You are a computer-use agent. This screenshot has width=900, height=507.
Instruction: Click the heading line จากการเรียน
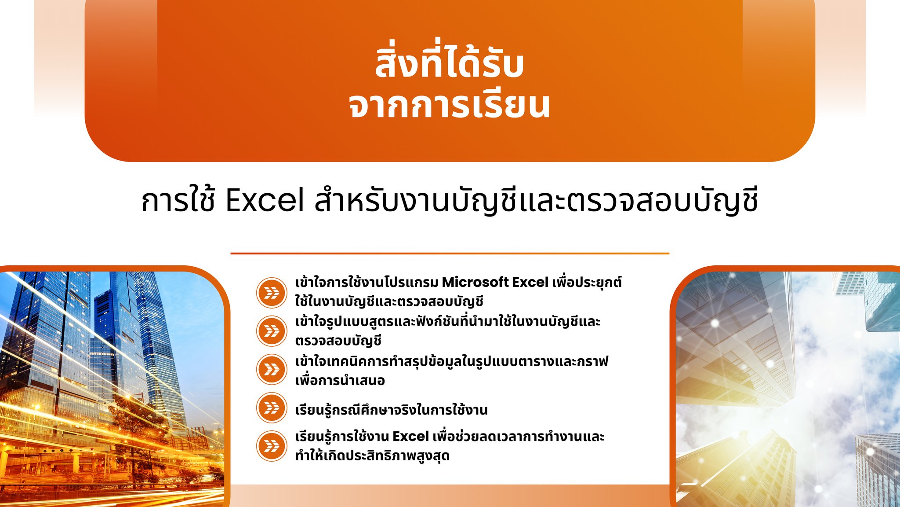(449, 105)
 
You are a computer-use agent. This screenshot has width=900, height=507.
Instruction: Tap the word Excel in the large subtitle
(265, 200)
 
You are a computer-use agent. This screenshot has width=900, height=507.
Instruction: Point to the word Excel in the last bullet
(410, 437)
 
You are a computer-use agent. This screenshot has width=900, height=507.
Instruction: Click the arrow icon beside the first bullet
(272, 292)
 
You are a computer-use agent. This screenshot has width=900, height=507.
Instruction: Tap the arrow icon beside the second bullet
(272, 331)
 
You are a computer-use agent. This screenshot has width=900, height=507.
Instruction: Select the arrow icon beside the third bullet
(272, 369)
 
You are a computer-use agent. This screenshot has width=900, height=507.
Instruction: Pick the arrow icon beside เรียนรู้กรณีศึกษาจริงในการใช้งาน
(272, 408)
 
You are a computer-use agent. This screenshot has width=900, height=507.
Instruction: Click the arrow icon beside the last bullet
(272, 446)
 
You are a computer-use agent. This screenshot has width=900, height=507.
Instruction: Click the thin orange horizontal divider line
(450, 253)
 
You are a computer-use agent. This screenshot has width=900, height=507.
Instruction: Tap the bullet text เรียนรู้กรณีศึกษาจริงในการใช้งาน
(392, 409)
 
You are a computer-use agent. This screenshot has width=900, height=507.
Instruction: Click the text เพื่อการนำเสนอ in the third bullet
(340, 380)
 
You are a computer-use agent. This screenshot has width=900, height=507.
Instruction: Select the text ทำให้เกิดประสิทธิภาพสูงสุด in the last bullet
(372, 455)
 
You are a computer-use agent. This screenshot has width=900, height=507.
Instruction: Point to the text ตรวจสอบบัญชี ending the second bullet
(338, 341)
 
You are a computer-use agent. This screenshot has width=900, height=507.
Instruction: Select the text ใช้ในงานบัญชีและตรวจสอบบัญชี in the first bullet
(389, 301)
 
